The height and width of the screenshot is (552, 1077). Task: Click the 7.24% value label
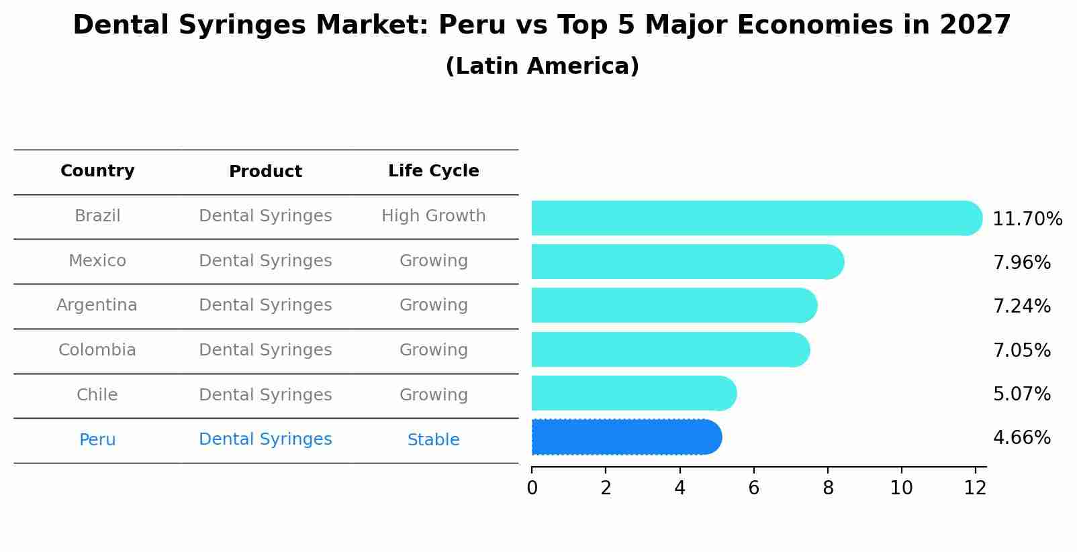pyautogui.click(x=1021, y=307)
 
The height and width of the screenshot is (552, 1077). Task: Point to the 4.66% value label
pyautogui.click(x=1021, y=438)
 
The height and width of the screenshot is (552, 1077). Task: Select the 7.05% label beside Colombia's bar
pyautogui.click(x=1021, y=350)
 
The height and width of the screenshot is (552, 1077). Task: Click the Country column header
pyautogui.click(x=97, y=171)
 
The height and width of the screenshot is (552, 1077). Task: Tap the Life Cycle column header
pyautogui.click(x=433, y=171)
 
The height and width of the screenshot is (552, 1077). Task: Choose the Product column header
pyautogui.click(x=265, y=172)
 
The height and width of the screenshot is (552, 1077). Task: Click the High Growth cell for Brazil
pyautogui.click(x=433, y=216)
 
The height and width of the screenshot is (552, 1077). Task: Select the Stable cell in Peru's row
pyautogui.click(x=433, y=440)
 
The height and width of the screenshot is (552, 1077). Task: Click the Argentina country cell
pyautogui.click(x=97, y=305)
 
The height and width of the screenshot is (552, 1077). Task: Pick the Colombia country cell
pyautogui.click(x=97, y=350)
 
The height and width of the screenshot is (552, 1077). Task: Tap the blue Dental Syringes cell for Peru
pyautogui.click(x=265, y=439)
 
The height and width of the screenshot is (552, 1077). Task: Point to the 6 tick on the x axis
pyautogui.click(x=753, y=488)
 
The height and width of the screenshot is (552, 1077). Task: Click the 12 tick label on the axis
pyautogui.click(x=975, y=488)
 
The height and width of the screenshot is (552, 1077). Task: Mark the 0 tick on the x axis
pyautogui.click(x=532, y=488)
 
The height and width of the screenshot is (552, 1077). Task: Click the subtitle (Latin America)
pyautogui.click(x=542, y=66)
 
